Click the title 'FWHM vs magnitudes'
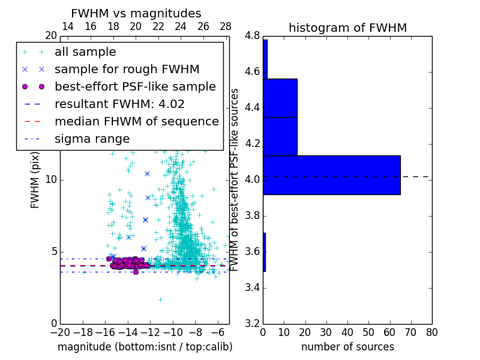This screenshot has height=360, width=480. tap(136, 14)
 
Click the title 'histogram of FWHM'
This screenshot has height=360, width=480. tap(347, 28)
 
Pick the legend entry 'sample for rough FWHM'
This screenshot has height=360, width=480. tap(127, 69)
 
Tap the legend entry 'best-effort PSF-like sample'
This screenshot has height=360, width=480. tap(135, 86)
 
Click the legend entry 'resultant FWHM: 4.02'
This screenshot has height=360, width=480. tap(119, 104)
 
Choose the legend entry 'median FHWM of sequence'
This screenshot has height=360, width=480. tap(136, 121)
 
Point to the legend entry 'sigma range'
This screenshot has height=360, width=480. tap(92, 139)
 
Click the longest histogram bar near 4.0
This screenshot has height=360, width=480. tap(331, 175)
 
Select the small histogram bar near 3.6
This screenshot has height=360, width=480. tap(264, 252)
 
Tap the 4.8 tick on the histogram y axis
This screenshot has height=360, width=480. tap(252, 36)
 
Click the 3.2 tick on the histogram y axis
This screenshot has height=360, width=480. tap(252, 323)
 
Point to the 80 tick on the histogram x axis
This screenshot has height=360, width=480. tap(431, 332)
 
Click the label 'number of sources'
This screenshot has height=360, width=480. tap(347, 347)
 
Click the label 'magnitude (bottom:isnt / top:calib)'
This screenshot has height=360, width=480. tap(145, 347)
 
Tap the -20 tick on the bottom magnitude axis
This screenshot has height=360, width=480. tap(60, 332)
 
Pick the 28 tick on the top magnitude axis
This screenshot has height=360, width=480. tap(226, 26)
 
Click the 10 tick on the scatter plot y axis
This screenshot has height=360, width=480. tap(51, 180)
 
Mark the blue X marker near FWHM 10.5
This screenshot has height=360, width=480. tap(147, 173)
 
